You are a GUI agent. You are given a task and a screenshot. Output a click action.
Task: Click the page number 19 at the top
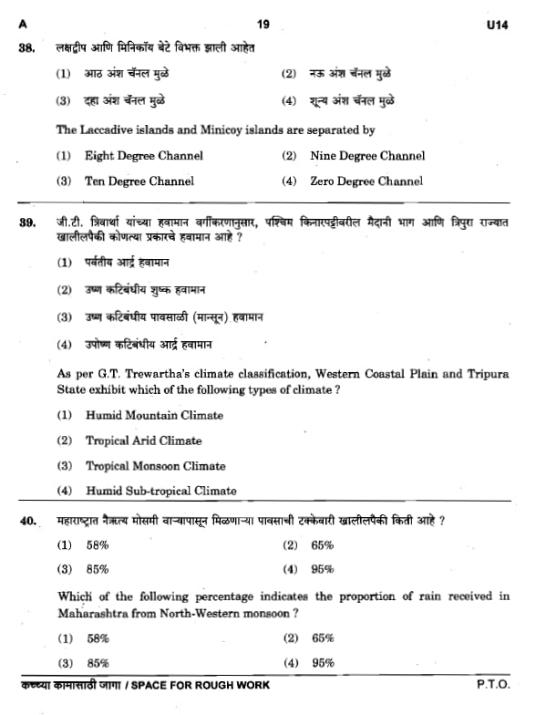(x=263, y=24)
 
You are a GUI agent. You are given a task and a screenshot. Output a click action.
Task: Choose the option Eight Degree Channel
(x=143, y=156)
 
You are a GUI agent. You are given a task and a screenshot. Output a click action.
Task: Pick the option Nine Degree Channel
(x=367, y=156)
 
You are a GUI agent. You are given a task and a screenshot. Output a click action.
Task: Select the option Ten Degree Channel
(x=139, y=181)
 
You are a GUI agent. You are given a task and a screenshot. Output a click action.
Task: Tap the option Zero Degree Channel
(x=366, y=181)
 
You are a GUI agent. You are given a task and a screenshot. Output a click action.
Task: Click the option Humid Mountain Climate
(x=153, y=415)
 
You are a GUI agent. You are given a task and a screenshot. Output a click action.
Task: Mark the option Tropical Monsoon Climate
(x=155, y=465)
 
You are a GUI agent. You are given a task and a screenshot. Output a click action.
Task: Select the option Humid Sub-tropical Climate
(x=160, y=491)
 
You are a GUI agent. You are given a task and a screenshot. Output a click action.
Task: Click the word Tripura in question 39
(x=487, y=374)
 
